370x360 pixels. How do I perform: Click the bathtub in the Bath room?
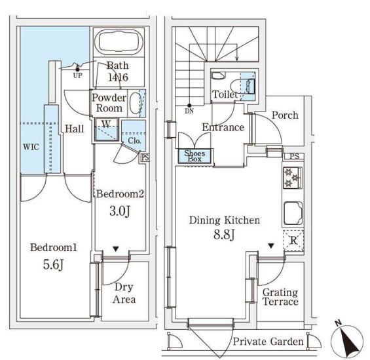click(119, 42)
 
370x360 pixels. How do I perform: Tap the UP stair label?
click(78, 75)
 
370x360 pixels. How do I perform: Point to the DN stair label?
click(189, 111)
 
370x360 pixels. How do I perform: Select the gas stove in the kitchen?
click(292, 178)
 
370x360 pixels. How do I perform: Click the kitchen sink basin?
click(293, 213)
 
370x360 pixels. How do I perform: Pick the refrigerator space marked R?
click(293, 241)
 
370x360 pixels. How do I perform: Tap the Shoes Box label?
click(194, 156)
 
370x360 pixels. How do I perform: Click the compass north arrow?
click(346, 340)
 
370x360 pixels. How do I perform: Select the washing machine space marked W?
click(107, 130)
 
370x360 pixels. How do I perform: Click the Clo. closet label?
click(134, 141)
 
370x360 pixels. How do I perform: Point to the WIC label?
click(31, 147)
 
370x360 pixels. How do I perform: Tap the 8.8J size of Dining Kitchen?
click(224, 235)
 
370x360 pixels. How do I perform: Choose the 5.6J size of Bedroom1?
click(53, 264)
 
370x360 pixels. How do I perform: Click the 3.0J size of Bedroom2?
click(120, 211)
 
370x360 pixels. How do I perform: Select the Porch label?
click(285, 115)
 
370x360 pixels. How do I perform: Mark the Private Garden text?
click(268, 342)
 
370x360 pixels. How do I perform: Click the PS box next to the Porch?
click(294, 156)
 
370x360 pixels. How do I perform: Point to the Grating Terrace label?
click(280, 297)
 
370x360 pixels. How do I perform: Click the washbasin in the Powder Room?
click(136, 103)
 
